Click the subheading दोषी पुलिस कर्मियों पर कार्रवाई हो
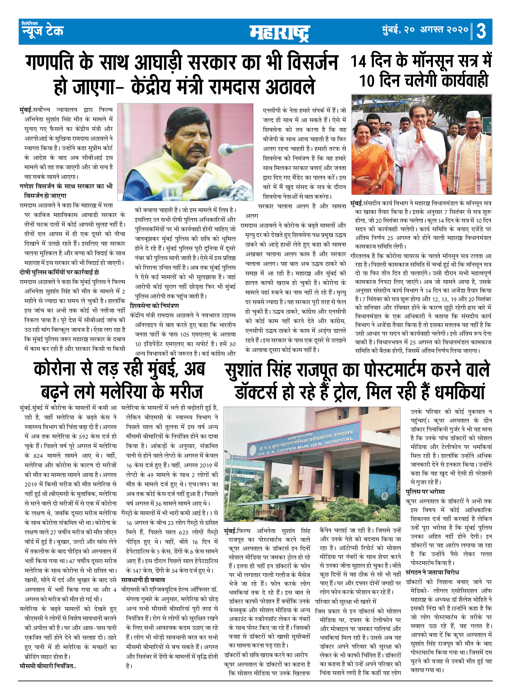point(59,272)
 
